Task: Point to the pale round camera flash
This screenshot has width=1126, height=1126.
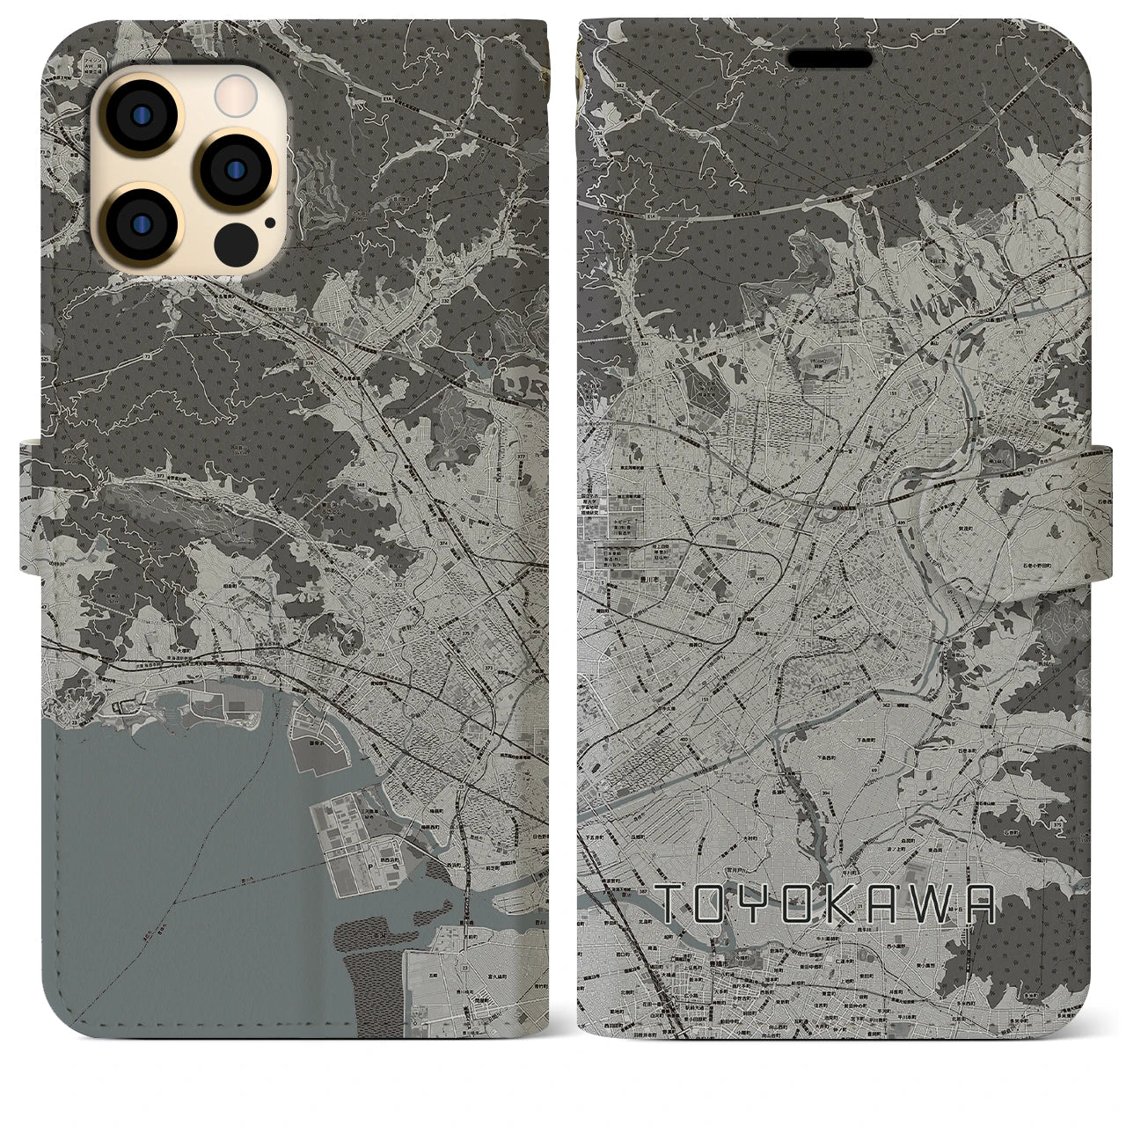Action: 235,92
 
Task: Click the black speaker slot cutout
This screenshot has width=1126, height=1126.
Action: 830,58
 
